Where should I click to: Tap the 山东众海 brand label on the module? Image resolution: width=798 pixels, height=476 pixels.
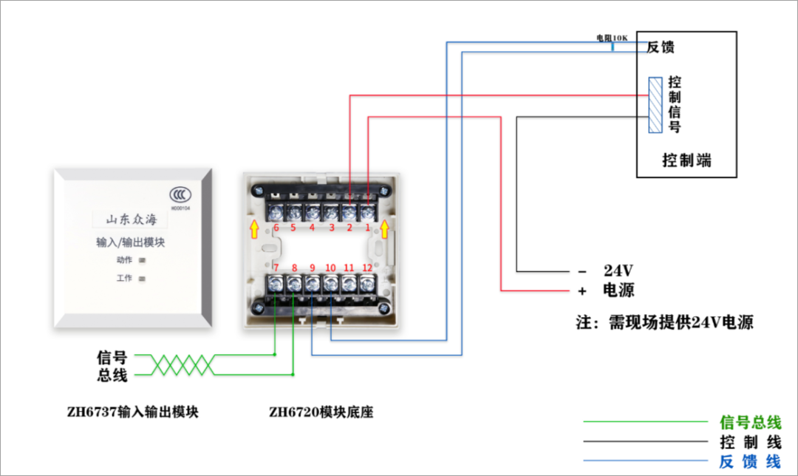point(131,219)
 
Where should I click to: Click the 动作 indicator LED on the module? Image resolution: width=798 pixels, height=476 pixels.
point(142,260)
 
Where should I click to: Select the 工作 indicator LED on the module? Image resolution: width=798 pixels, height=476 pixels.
point(142,279)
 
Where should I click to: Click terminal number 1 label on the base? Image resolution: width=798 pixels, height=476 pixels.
point(367,228)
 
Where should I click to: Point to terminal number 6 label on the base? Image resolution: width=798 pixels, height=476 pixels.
point(276,228)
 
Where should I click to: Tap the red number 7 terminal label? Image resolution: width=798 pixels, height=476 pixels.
point(276,268)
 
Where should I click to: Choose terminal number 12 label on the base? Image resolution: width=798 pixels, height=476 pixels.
point(367,268)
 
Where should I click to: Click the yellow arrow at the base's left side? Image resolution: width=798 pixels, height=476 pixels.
point(255,230)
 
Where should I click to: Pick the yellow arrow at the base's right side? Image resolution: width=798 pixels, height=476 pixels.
point(383,230)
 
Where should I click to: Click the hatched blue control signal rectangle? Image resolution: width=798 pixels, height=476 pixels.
point(655,105)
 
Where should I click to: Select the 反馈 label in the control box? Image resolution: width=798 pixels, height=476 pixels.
point(661,47)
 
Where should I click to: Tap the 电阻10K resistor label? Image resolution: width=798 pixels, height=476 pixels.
point(612,36)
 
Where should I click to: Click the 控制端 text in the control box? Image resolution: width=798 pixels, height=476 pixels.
point(686,160)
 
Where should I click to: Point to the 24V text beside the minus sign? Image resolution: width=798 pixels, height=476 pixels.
point(618,269)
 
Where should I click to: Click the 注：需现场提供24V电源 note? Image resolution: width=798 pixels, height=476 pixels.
point(665,322)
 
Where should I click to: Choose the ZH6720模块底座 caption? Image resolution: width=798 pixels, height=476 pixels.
point(321,412)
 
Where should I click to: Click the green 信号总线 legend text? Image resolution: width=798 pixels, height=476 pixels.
point(750,423)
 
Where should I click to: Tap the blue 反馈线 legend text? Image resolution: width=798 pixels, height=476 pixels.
point(750,462)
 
